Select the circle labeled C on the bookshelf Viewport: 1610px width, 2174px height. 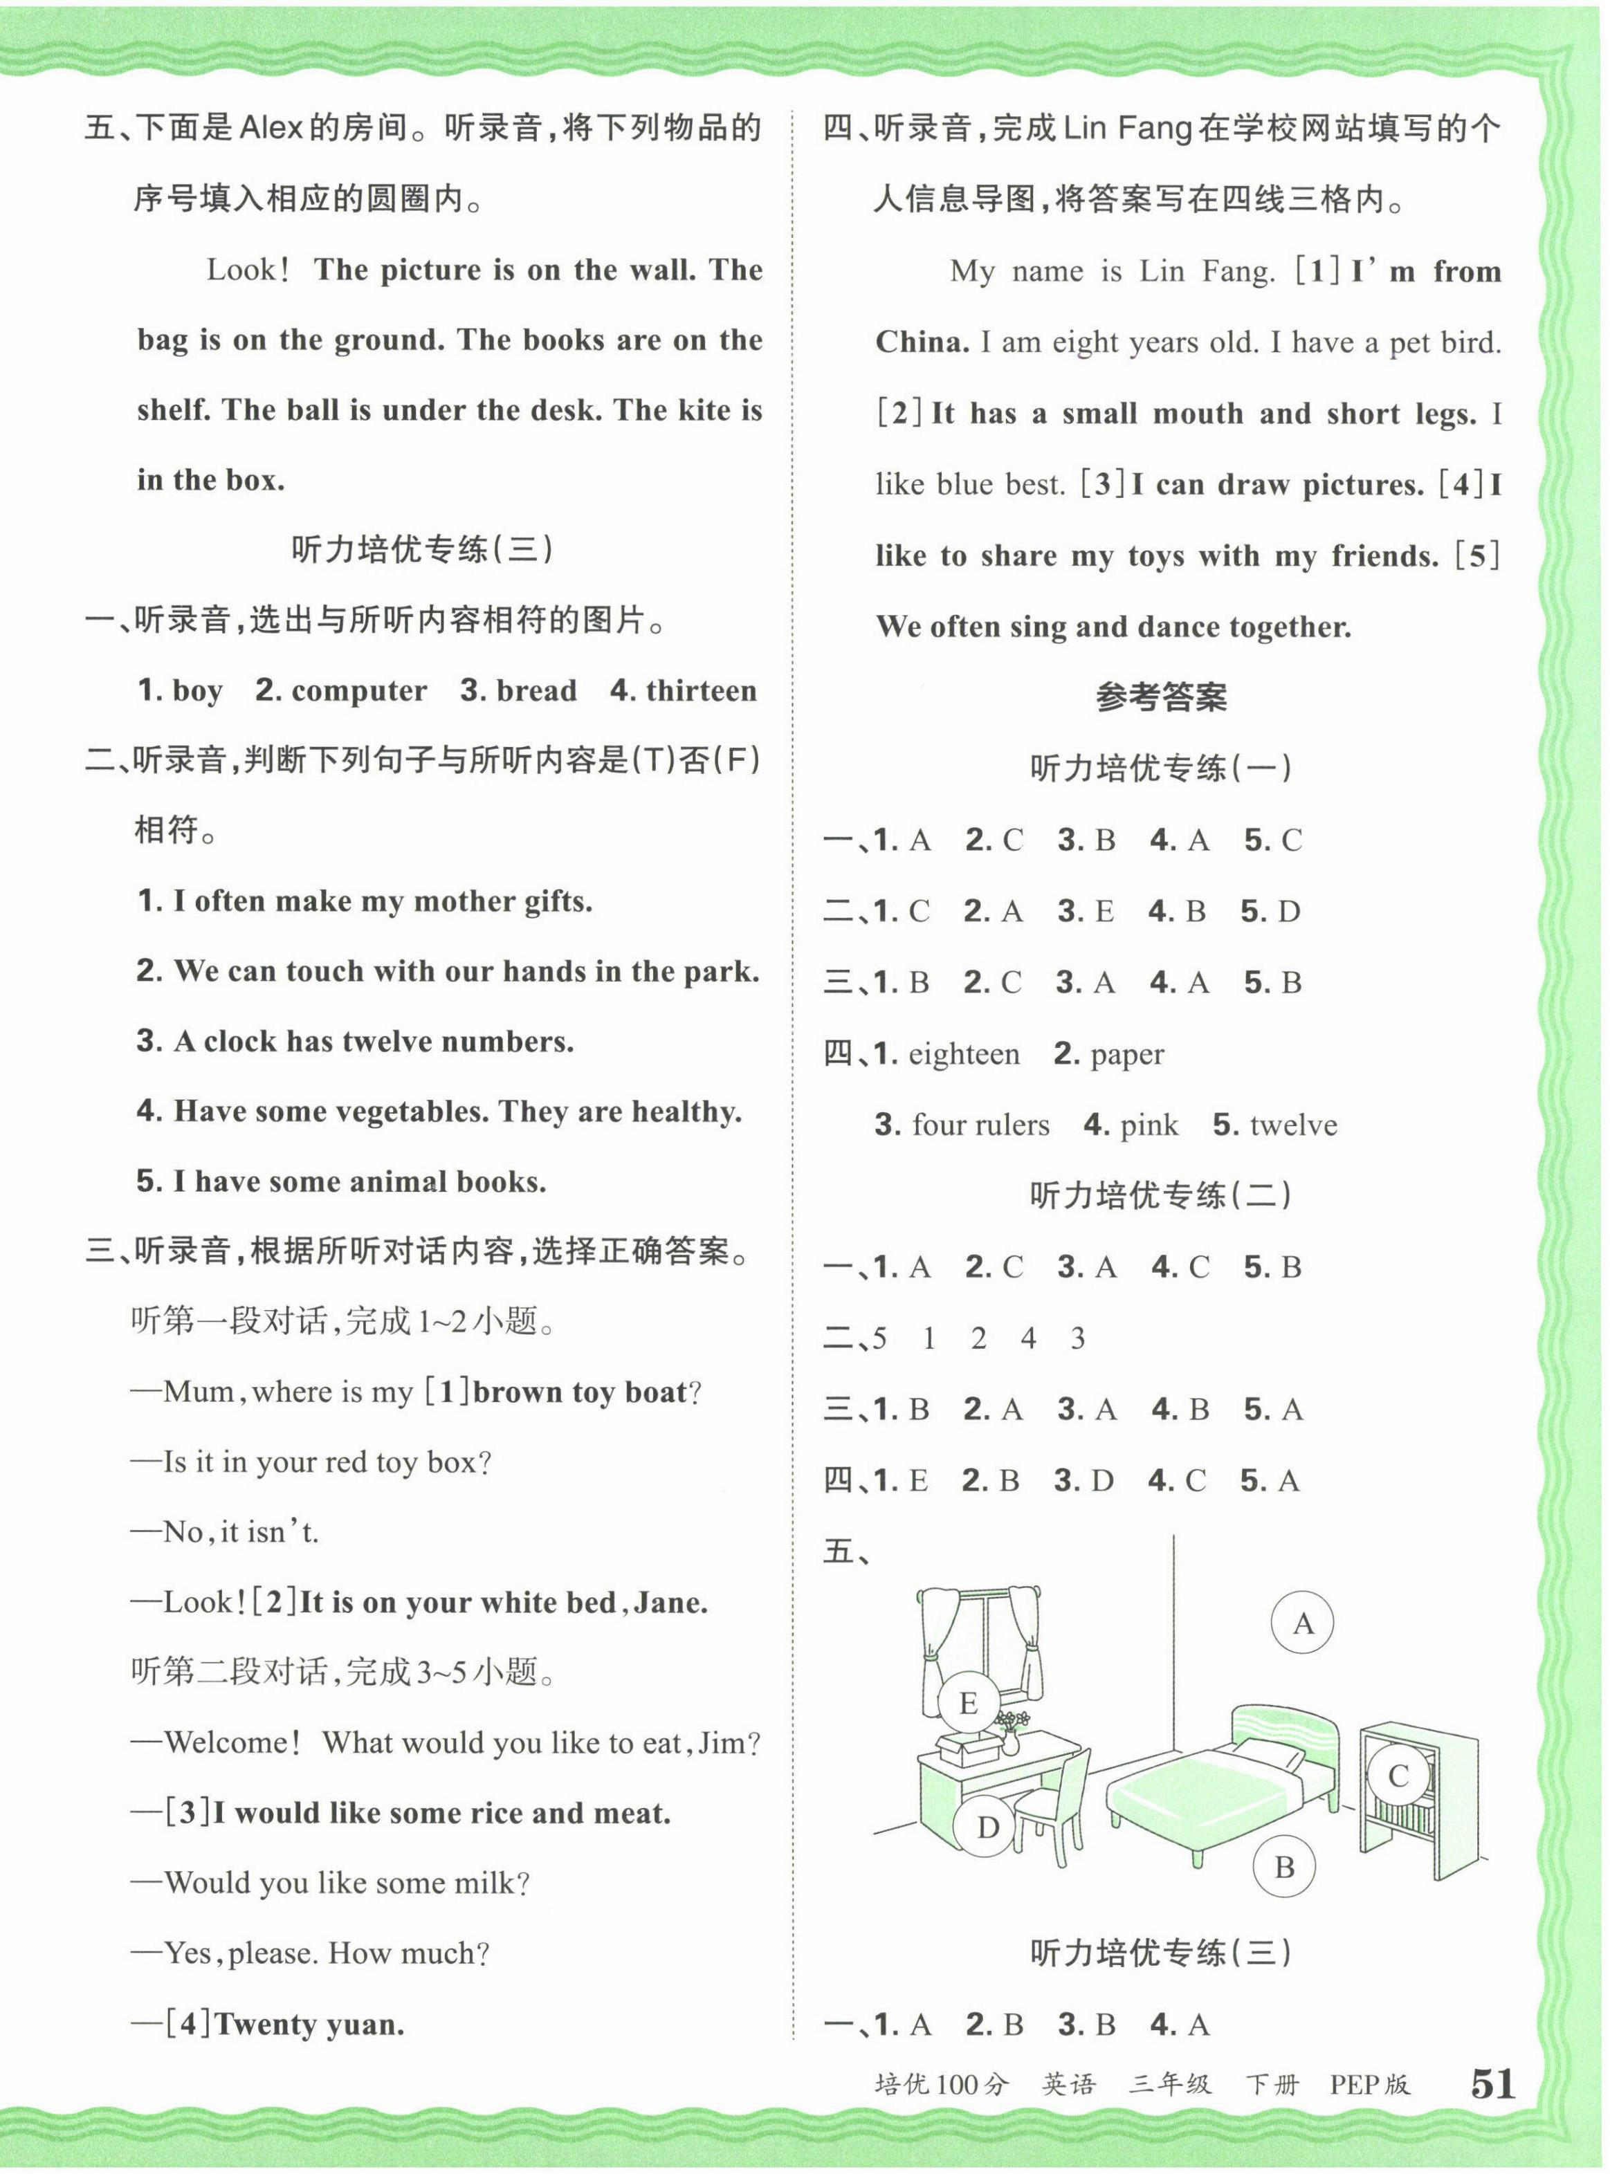(x=1398, y=1776)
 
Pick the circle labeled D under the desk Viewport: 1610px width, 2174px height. (x=987, y=1826)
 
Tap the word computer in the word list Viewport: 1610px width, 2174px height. (x=358, y=691)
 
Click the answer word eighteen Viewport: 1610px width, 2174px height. (x=963, y=1053)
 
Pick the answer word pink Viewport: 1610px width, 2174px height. (x=1149, y=1125)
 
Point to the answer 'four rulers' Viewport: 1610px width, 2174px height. (x=980, y=1125)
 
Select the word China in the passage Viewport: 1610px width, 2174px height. (x=921, y=342)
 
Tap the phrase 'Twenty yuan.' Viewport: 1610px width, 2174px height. (x=308, y=2024)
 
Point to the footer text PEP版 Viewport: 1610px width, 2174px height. (x=1369, y=2084)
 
